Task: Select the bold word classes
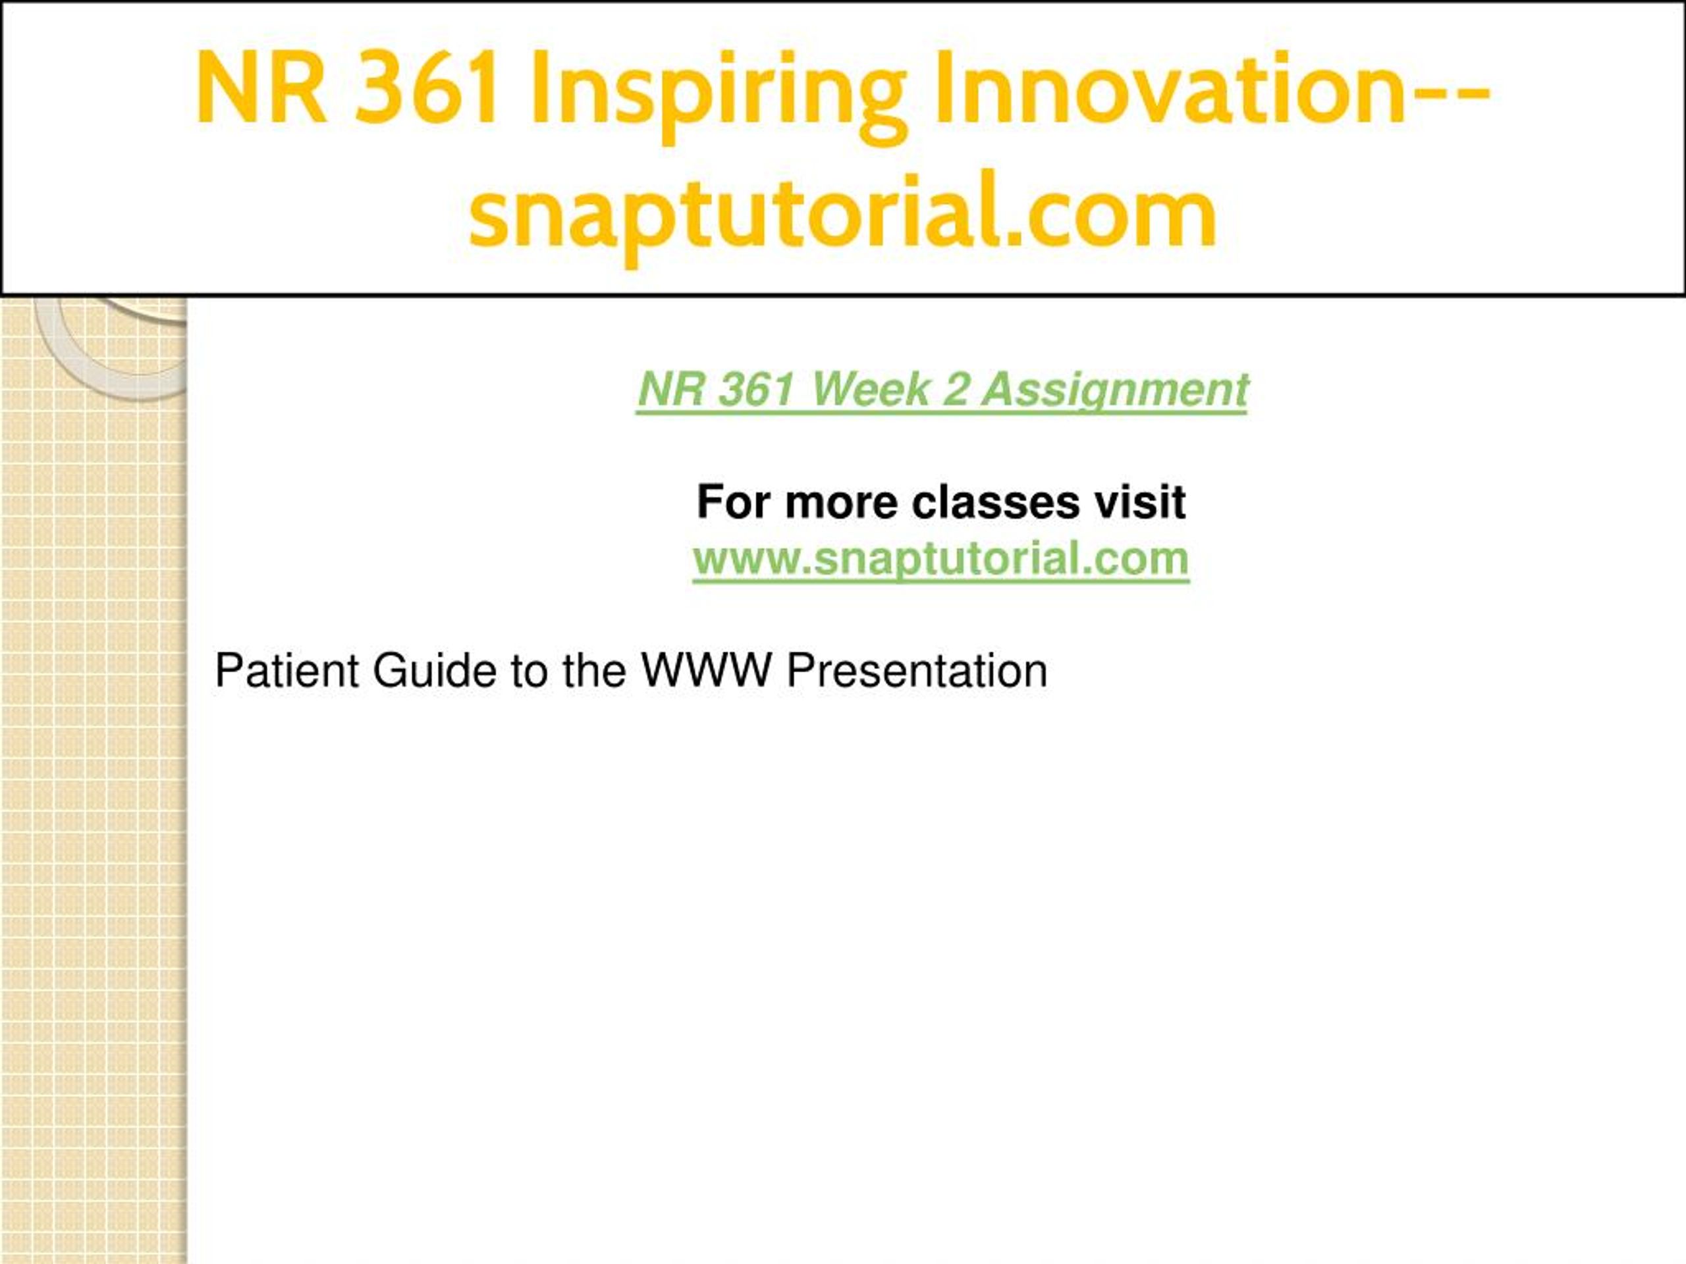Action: point(995,502)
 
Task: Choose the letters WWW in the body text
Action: point(707,670)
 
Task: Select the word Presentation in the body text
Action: point(917,670)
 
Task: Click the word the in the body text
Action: point(594,670)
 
